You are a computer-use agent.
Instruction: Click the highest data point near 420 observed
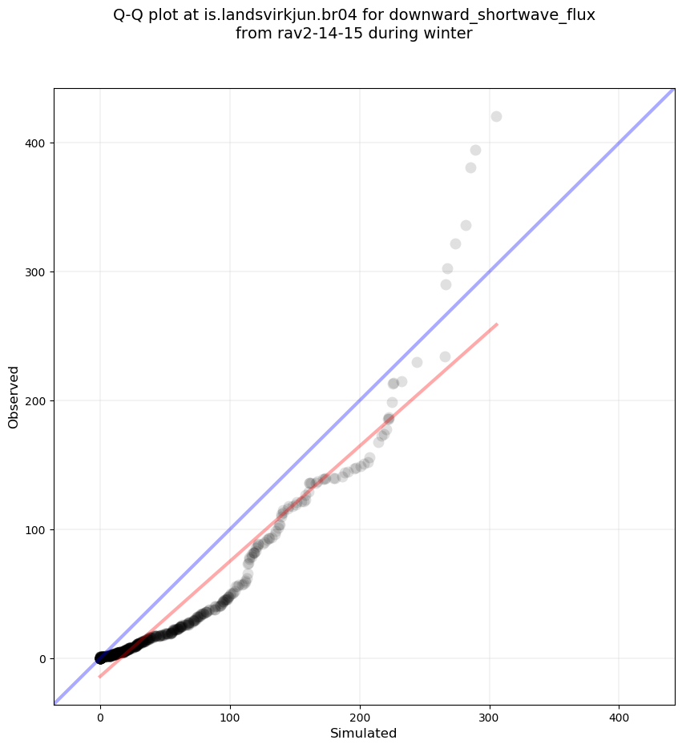point(496,116)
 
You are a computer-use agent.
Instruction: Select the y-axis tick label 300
point(34,272)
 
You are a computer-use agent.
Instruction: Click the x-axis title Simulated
point(363,733)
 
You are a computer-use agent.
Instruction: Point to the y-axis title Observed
point(14,397)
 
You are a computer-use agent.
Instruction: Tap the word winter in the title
point(447,34)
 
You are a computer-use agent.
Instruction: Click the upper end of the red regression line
point(497,324)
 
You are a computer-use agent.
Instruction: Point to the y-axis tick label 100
point(34,530)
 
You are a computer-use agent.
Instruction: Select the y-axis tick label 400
point(34,143)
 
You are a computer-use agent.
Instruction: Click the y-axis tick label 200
point(34,401)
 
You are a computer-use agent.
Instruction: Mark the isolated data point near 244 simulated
point(417,362)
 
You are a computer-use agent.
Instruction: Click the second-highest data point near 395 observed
point(475,150)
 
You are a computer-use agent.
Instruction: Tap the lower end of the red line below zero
point(100,677)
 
